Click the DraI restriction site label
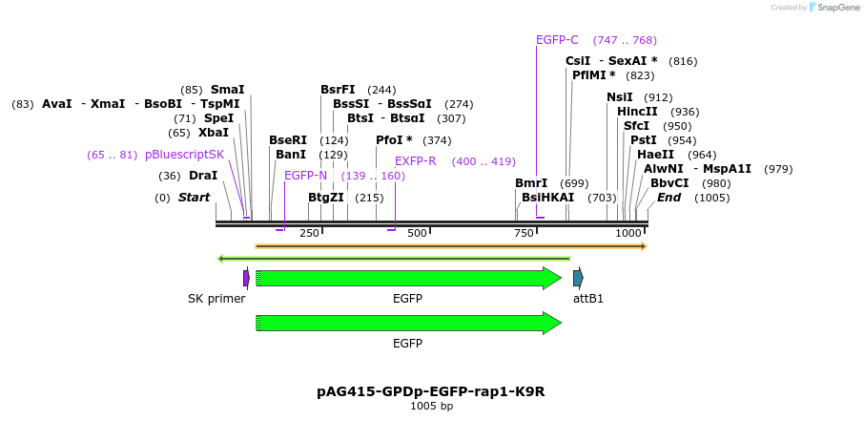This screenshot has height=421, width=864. click(x=202, y=176)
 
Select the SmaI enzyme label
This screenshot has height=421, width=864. click(x=227, y=90)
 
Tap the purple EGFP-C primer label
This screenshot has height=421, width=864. click(x=557, y=40)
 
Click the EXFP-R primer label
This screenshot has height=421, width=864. click(x=415, y=161)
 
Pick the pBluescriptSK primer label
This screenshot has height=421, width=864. click(x=185, y=155)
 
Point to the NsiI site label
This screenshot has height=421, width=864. click(x=619, y=97)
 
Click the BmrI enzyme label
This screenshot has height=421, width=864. click(x=531, y=183)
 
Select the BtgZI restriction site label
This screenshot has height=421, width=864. click(x=325, y=198)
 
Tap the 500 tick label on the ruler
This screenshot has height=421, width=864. click(x=418, y=234)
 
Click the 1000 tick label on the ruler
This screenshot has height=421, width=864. click(x=628, y=234)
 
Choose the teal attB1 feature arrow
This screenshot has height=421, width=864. click(x=578, y=278)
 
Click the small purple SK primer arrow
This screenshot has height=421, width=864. click(x=246, y=278)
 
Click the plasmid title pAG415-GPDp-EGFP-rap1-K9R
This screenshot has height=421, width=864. click(x=431, y=391)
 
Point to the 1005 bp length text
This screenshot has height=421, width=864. click(x=431, y=407)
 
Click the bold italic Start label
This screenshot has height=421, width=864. click(x=194, y=198)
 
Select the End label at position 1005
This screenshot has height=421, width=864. click(x=669, y=198)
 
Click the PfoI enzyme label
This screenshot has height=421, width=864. click(x=389, y=140)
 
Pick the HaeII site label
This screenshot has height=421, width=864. click(x=655, y=155)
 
